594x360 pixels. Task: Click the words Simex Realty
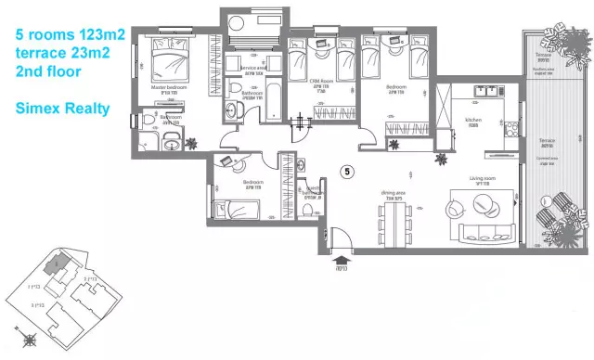(x=62, y=109)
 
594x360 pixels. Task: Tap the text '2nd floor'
(x=47, y=71)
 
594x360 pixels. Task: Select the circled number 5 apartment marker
(x=347, y=171)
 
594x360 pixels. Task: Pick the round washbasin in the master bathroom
(x=172, y=142)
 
